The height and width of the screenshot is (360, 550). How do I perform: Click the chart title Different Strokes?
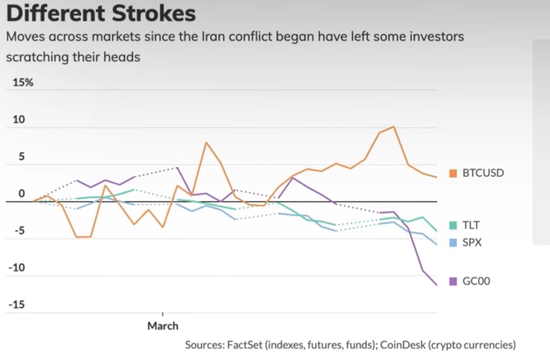coord(101,13)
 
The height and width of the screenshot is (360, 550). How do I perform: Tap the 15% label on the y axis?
coord(22,82)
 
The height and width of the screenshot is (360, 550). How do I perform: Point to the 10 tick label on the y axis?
coord(18,120)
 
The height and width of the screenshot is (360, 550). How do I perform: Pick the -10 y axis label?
coord(17,268)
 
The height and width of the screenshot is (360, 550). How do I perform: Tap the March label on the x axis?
coord(163,326)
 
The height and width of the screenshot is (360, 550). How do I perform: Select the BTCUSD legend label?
coord(483,173)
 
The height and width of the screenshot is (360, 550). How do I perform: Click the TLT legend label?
coord(471,225)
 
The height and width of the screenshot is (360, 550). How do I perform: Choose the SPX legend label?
coord(472,243)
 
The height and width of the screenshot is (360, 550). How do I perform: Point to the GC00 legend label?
coord(476,281)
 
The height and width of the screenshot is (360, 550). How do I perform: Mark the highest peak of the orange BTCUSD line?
coord(393,127)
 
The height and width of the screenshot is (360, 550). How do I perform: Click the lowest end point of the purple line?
coord(436,285)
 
